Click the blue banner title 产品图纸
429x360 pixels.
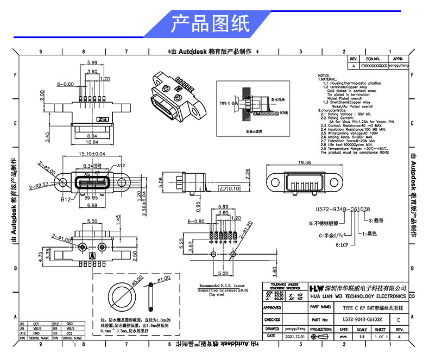point(210,24)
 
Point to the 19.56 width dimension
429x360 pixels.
point(305,162)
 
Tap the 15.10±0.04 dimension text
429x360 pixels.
point(92,154)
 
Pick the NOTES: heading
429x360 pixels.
point(324,75)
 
